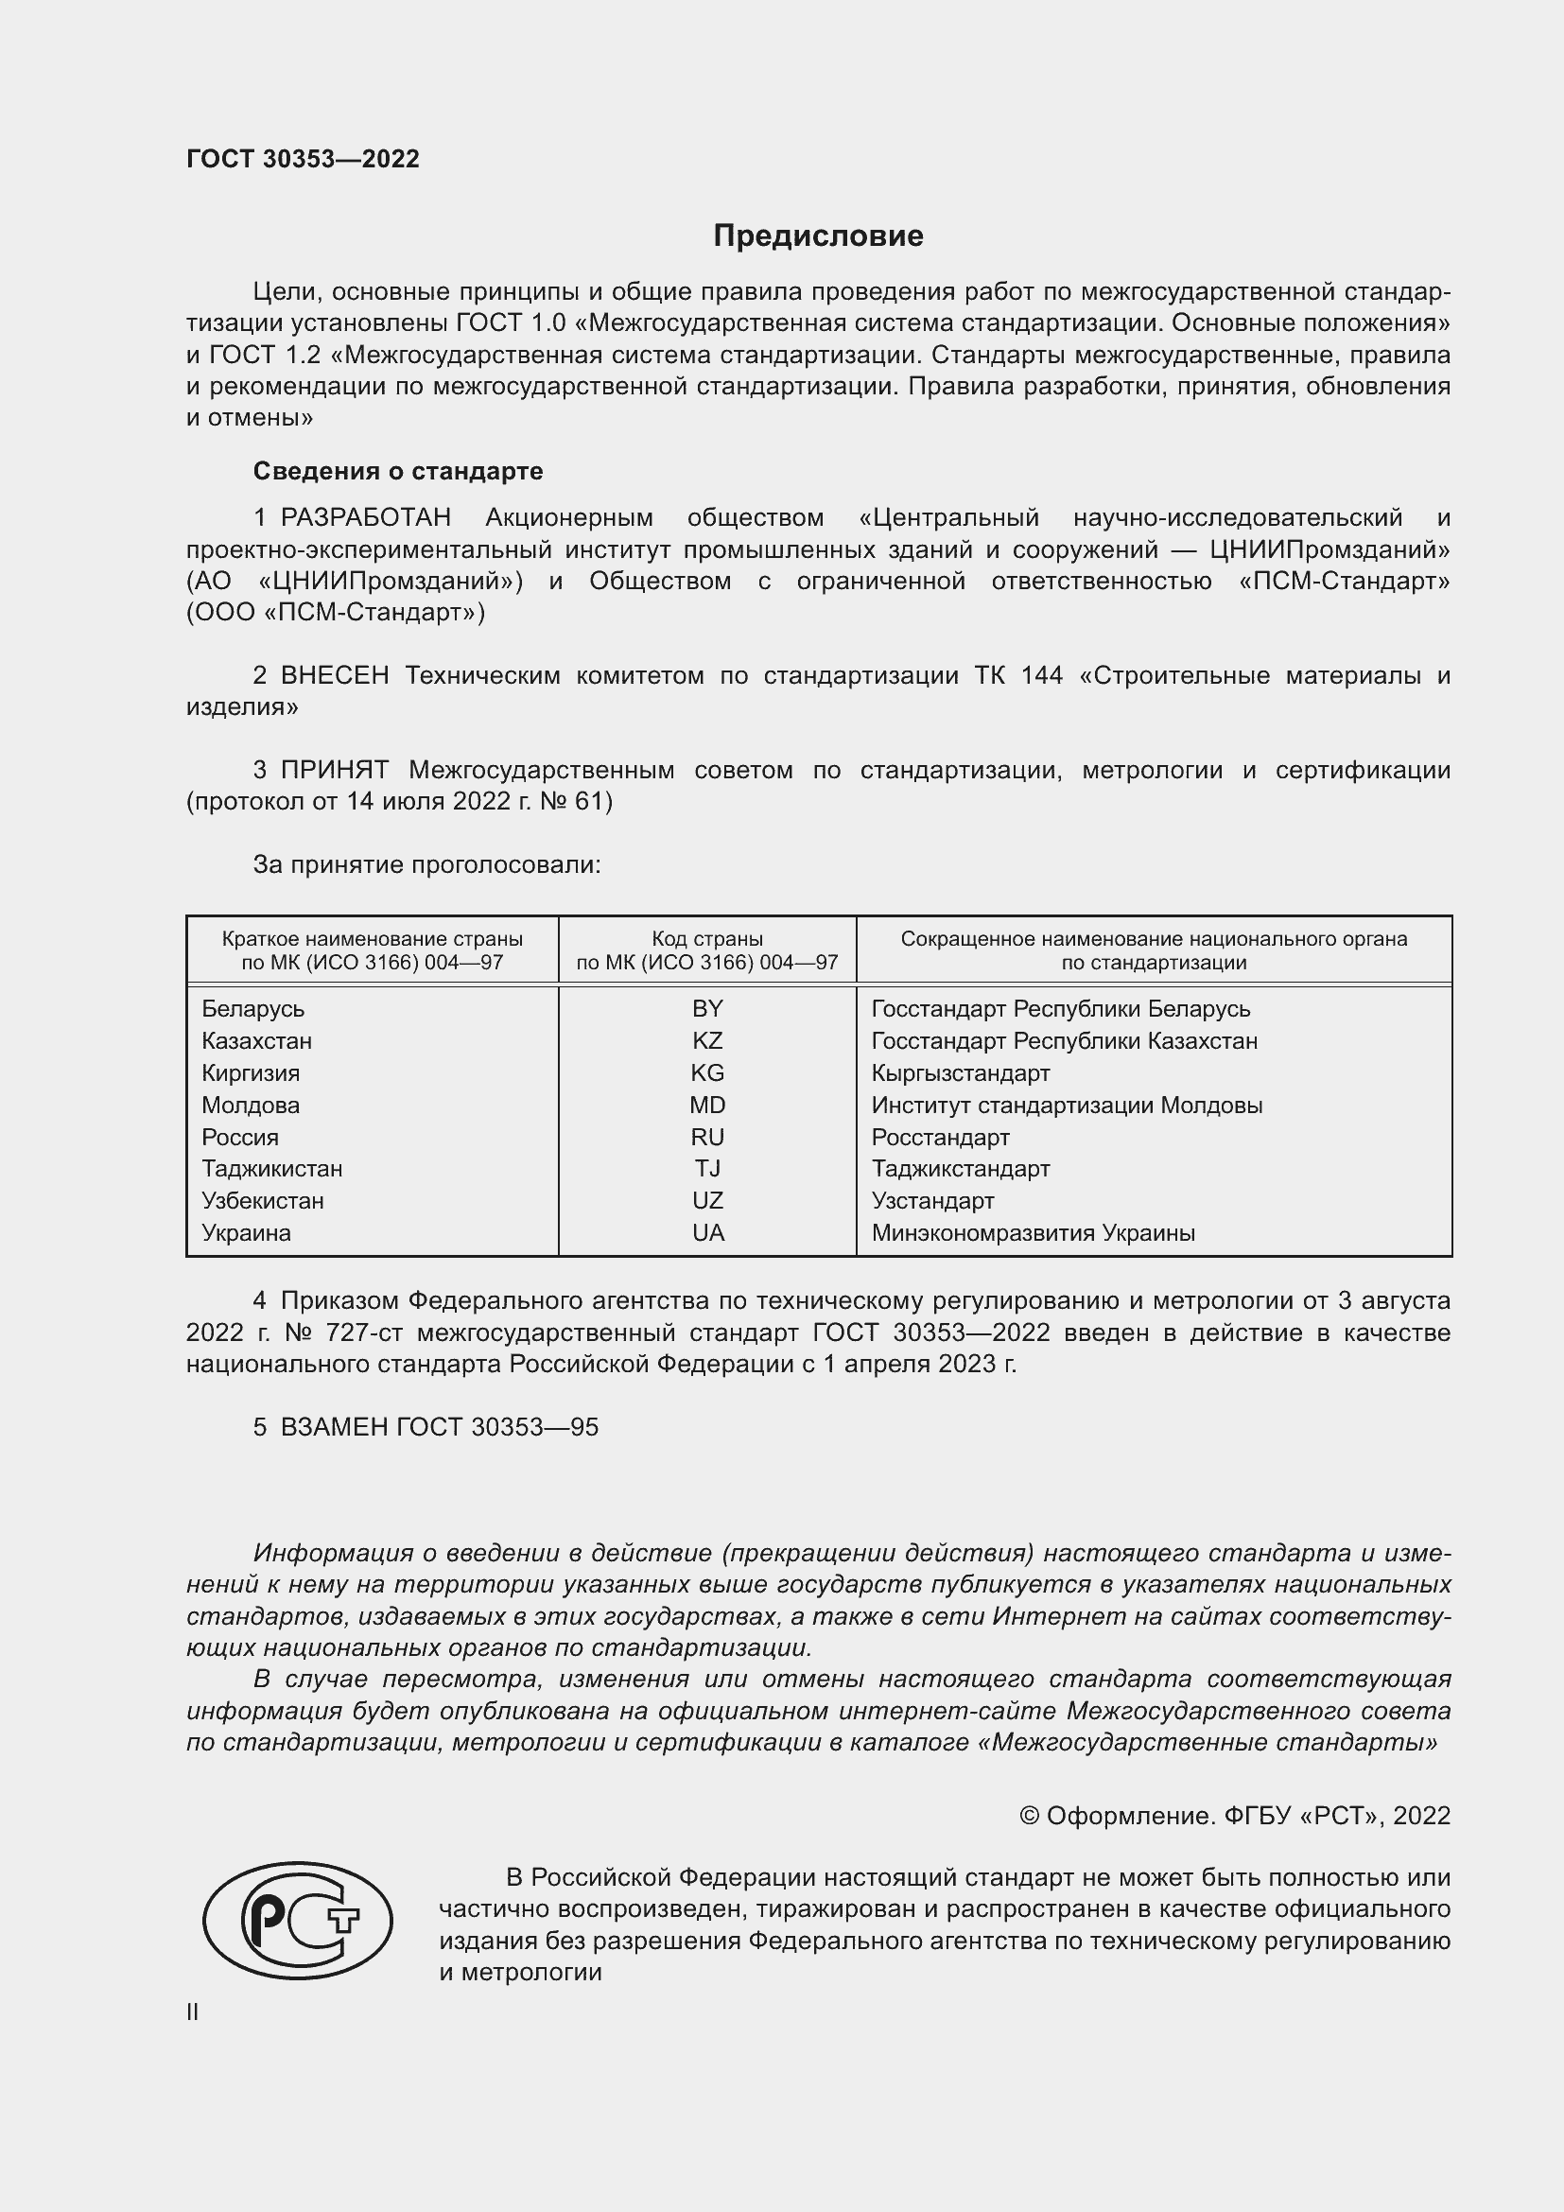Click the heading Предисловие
(x=818, y=236)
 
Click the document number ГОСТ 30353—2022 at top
(x=303, y=159)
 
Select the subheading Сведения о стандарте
(x=398, y=471)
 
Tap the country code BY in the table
(x=707, y=1009)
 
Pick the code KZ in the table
(x=707, y=1040)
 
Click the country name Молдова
(x=251, y=1105)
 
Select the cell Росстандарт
(x=940, y=1137)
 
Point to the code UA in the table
(x=708, y=1232)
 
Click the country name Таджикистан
(x=271, y=1169)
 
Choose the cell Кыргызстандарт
(x=960, y=1072)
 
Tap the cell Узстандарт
(x=932, y=1200)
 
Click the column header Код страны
(x=707, y=938)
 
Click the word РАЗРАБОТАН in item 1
(x=365, y=517)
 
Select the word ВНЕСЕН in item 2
(x=334, y=675)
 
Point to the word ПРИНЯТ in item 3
(x=334, y=770)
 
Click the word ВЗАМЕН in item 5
(x=334, y=1427)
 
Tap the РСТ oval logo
(x=298, y=1920)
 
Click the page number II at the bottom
(x=193, y=2012)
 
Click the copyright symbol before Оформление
(x=1029, y=1816)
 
